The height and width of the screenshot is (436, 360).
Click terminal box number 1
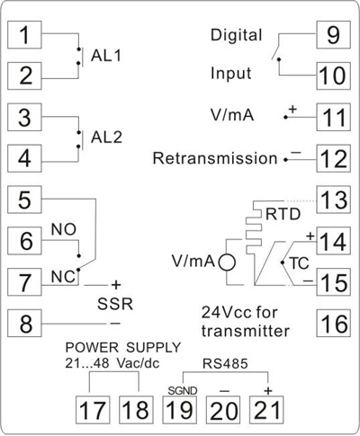point(24,35)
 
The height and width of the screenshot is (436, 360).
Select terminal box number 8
point(24,324)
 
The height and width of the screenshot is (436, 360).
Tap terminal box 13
point(334,200)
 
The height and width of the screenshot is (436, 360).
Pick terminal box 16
point(334,324)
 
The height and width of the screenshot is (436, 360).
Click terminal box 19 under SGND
point(179,410)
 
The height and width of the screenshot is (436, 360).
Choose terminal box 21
point(266,410)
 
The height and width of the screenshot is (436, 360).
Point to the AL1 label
point(106,56)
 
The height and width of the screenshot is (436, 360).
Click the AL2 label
point(106,138)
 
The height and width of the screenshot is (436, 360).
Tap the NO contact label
point(64,230)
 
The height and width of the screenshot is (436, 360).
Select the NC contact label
point(63,277)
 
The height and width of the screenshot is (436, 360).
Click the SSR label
point(115,305)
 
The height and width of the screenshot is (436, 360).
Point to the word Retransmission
point(215,158)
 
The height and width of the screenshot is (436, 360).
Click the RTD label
point(283,214)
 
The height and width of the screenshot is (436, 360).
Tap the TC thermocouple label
point(299,263)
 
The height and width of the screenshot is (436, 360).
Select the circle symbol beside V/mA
point(227,262)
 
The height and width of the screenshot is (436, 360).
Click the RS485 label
point(225,364)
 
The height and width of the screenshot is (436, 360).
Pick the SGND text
point(183,391)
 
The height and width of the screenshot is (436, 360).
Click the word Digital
point(237,35)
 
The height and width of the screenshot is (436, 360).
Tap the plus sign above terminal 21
point(267,391)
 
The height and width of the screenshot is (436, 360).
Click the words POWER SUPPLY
point(123,348)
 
